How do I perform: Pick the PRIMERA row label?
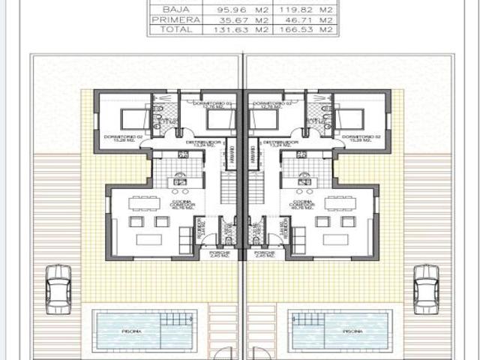pos(165,20)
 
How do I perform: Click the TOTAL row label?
pos(165,31)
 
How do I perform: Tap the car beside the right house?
pos(425,289)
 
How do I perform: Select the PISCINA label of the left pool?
pos(130,330)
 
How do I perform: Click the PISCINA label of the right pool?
pos(352,330)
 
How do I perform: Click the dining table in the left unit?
pos(143,202)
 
